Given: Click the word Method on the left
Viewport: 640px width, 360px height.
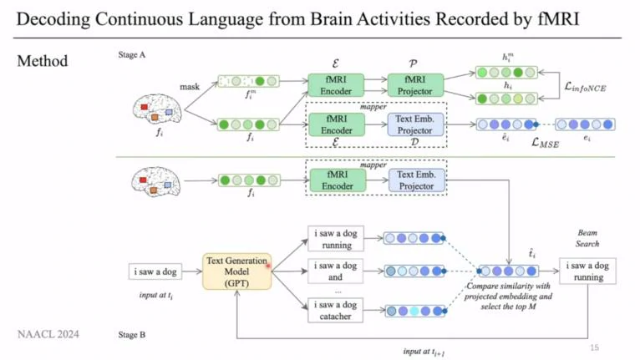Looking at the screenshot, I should click(x=43, y=61).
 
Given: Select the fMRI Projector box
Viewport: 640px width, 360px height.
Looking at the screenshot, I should click(x=413, y=84).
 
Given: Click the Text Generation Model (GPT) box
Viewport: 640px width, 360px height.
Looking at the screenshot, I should click(x=237, y=272).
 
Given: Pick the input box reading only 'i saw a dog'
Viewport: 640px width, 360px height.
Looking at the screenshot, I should click(x=155, y=272).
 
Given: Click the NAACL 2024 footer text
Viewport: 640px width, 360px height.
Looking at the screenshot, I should click(x=49, y=335).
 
